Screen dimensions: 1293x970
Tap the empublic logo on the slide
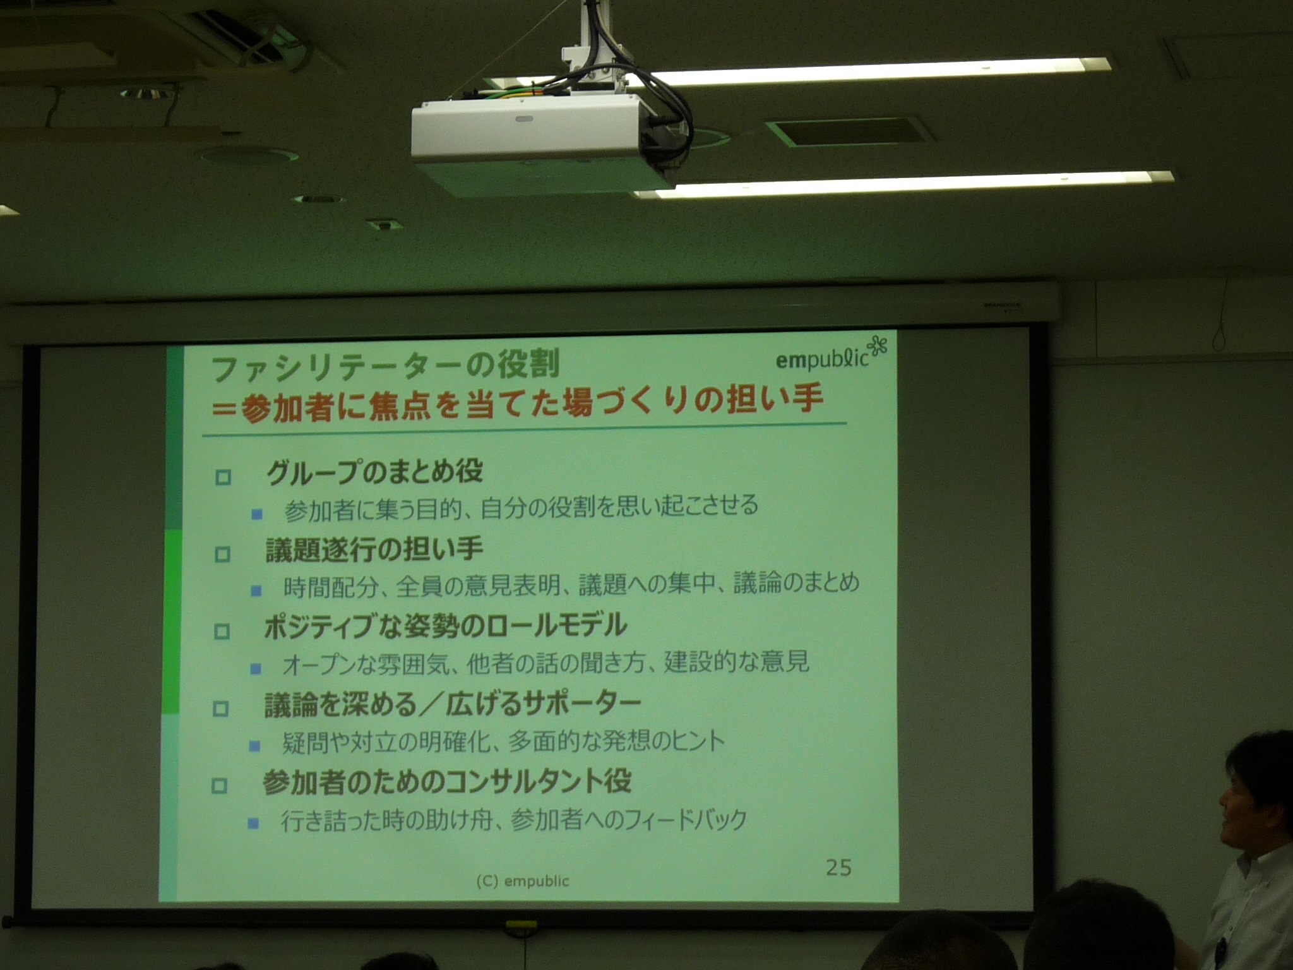823,359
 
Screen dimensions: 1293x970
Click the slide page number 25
838,868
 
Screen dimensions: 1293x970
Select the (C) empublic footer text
523,881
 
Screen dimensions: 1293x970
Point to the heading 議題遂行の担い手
374,549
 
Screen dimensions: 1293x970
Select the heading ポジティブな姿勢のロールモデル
446,626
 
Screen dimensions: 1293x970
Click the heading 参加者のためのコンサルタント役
447,782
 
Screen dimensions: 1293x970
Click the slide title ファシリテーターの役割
386,367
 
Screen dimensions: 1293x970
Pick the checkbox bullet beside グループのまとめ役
223,477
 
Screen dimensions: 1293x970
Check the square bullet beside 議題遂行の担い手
222,554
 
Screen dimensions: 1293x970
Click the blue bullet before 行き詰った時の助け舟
254,823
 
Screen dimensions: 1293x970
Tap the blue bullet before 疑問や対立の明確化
255,746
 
